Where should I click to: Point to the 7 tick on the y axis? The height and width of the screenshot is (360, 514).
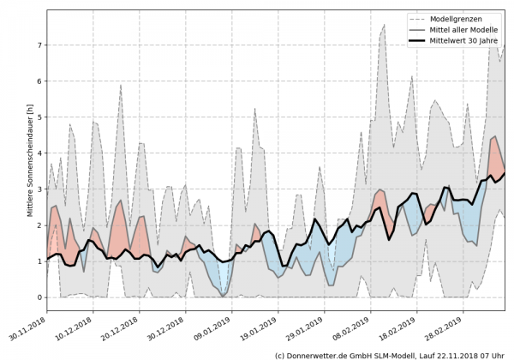pyautogui.click(x=39, y=45)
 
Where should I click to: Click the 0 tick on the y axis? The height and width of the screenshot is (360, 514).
pyautogui.click(x=39, y=297)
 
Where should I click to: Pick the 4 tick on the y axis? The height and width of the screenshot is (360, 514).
pyautogui.click(x=39, y=153)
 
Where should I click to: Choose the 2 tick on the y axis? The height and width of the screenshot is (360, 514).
pyautogui.click(x=39, y=225)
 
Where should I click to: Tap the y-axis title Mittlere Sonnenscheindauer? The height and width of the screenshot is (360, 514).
pyautogui.click(x=30, y=171)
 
